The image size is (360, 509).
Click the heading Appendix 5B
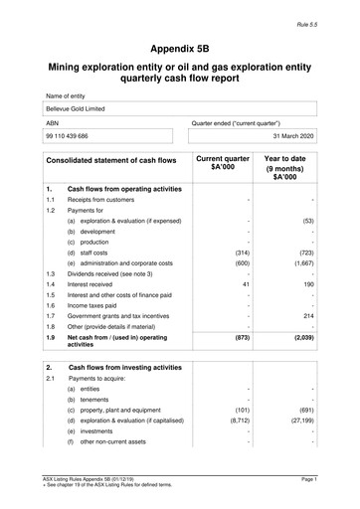point(180,47)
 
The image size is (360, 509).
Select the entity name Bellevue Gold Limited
point(80,108)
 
